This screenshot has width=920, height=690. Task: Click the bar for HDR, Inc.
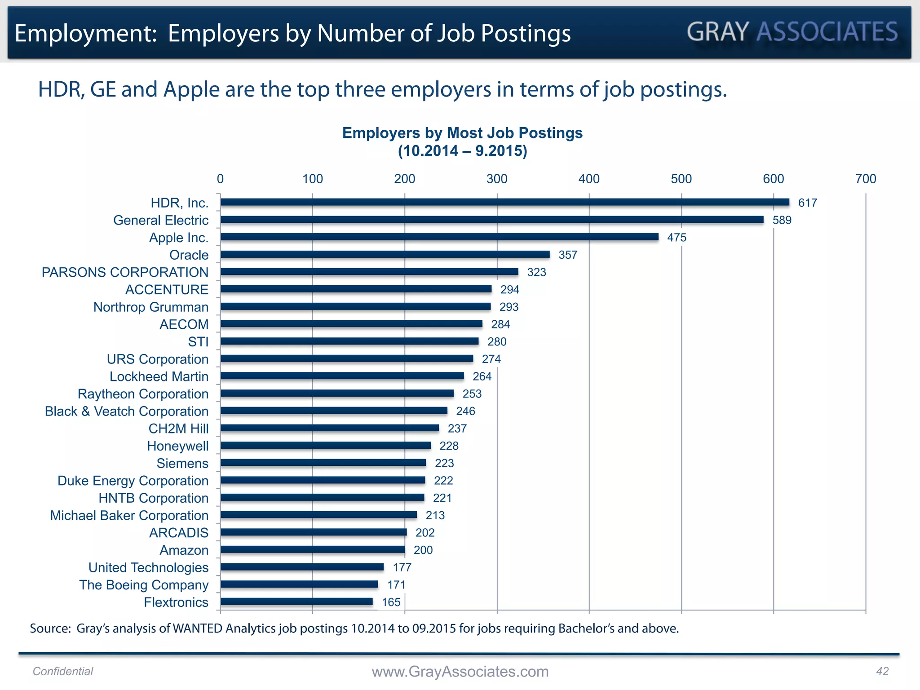(x=504, y=202)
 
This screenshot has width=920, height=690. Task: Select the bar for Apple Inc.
(x=439, y=237)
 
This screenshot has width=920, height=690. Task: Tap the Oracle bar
(x=385, y=254)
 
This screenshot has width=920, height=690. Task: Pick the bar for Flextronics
(x=296, y=602)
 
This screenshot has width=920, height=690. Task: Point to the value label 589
(x=782, y=220)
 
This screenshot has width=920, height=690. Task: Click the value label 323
(x=536, y=272)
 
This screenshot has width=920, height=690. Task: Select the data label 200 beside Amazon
(x=423, y=550)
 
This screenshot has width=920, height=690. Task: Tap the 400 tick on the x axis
(x=589, y=179)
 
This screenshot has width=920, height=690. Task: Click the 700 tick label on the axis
(x=865, y=179)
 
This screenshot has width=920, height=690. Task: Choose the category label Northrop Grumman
(x=151, y=307)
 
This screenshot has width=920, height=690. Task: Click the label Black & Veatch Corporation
(x=127, y=411)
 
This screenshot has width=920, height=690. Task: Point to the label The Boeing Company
(x=144, y=585)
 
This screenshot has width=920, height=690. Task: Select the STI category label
(x=198, y=342)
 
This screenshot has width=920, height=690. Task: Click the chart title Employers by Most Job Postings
(x=462, y=133)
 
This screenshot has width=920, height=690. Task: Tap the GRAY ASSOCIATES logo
(x=792, y=32)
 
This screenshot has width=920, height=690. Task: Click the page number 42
(x=882, y=671)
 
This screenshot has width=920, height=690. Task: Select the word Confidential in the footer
(x=63, y=671)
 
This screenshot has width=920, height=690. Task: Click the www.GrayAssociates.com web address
(x=460, y=672)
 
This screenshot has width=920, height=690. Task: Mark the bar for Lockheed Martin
(x=342, y=376)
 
